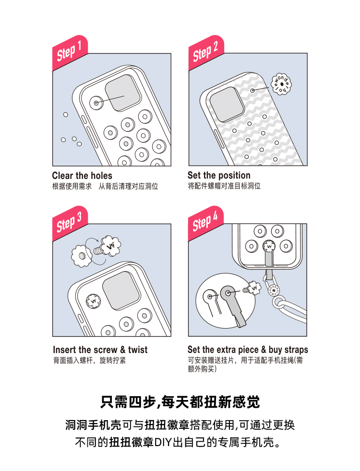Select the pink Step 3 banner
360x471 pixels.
70,223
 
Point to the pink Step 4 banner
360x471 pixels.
206,223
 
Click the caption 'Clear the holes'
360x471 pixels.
82,176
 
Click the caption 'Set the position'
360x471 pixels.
219,176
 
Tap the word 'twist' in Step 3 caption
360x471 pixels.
138,350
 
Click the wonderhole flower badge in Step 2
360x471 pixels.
281,84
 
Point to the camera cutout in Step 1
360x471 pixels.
123,93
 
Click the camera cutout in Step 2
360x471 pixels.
227,104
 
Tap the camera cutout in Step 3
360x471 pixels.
121,291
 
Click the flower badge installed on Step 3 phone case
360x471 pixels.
93,301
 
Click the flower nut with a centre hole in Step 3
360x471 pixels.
82,256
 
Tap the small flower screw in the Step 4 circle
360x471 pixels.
252,289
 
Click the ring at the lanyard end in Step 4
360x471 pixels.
279,303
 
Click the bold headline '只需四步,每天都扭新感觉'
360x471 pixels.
180,402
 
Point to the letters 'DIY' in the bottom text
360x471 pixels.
163,442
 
